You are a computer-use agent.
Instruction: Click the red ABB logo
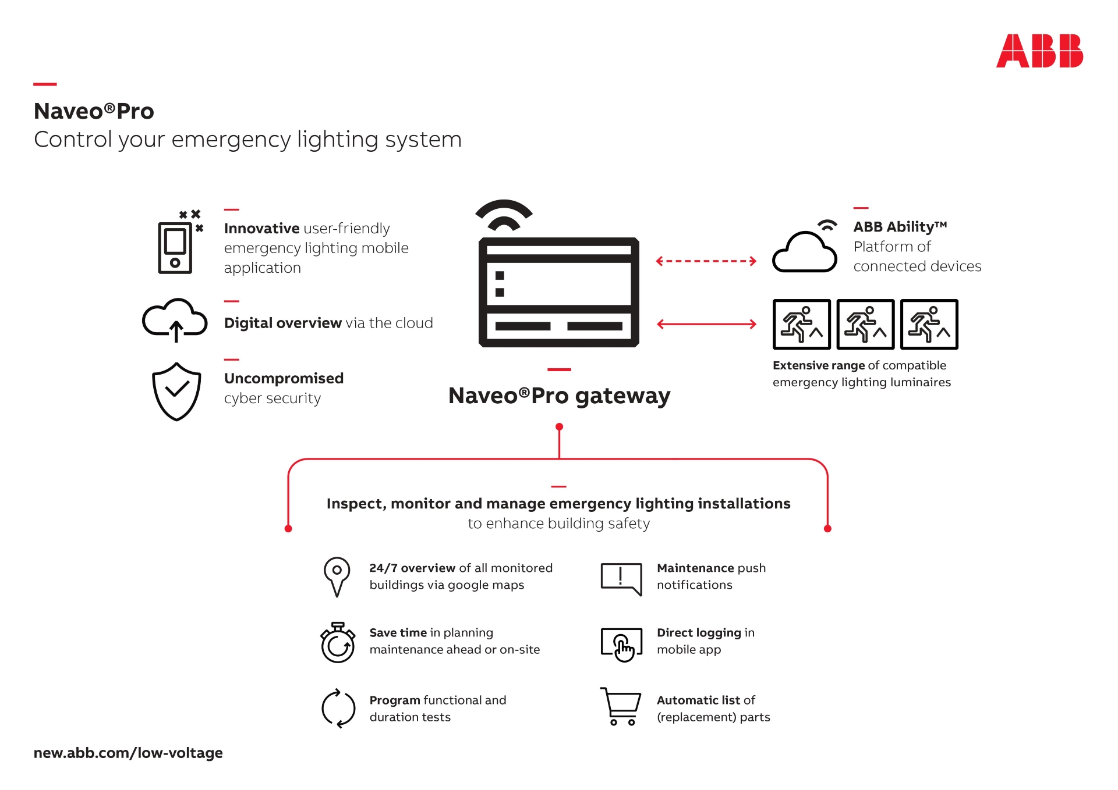[x=1039, y=51]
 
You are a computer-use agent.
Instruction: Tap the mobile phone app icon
[x=175, y=247]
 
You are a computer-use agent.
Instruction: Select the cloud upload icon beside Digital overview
[x=175, y=321]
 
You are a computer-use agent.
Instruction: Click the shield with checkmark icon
[x=176, y=392]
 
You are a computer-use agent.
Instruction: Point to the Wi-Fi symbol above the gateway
[x=504, y=216]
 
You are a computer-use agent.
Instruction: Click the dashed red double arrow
[x=706, y=261]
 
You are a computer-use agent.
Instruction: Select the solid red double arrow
[x=706, y=324]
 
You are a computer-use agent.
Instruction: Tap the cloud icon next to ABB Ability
[x=805, y=250]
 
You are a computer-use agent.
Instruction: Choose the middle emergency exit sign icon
[x=865, y=325]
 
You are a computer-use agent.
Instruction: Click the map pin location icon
[x=337, y=577]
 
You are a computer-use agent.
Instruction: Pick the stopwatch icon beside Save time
[x=338, y=643]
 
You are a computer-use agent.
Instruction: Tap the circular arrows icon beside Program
[x=338, y=709]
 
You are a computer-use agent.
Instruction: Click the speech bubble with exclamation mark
[x=621, y=578]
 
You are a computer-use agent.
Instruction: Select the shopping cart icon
[x=621, y=706]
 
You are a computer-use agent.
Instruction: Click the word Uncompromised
[x=284, y=379]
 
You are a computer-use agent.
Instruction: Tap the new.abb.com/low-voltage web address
[x=128, y=753]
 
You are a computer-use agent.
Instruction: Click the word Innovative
[x=261, y=229]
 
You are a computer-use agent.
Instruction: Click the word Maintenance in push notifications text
[x=695, y=568]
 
